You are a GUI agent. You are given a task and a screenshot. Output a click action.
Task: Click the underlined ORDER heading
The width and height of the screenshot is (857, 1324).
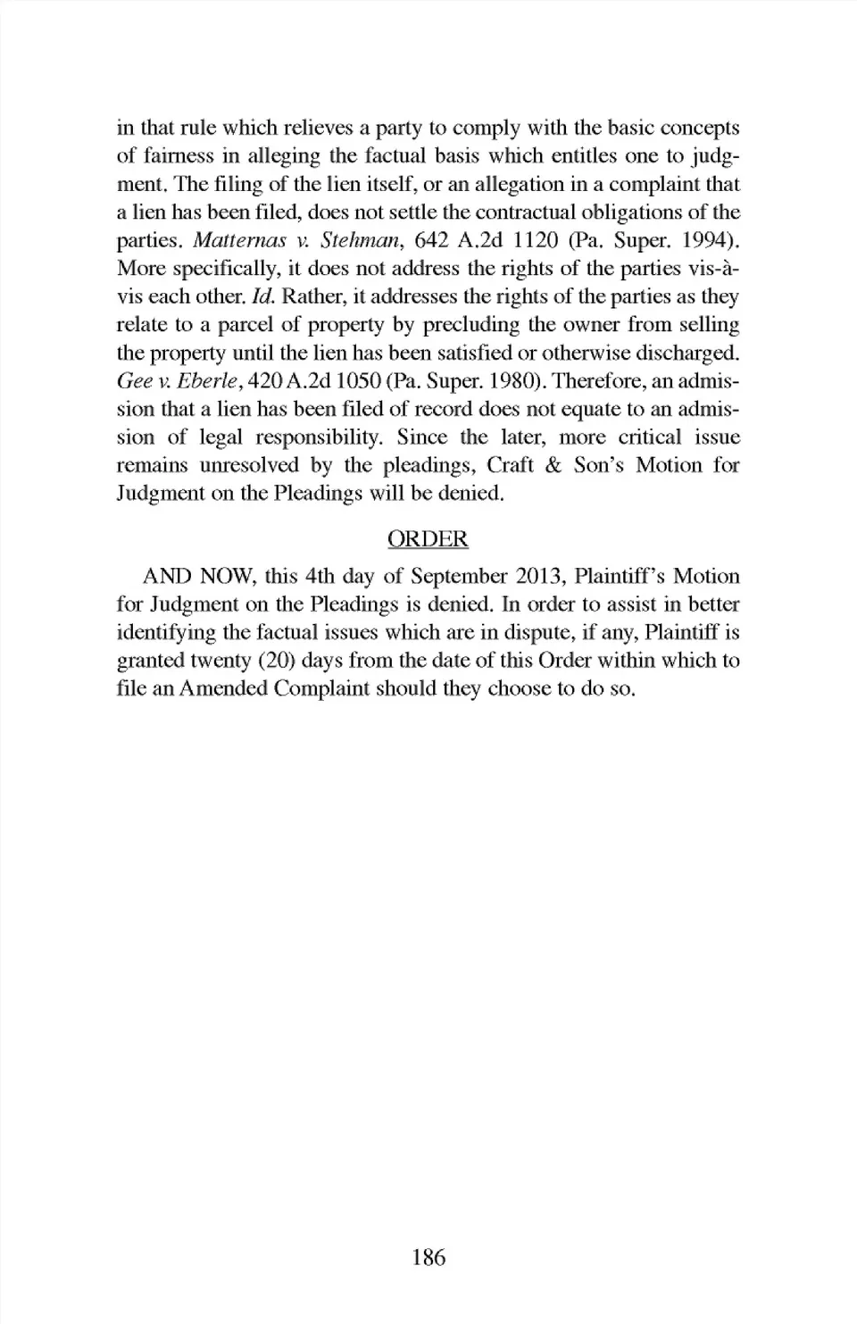click(x=428, y=539)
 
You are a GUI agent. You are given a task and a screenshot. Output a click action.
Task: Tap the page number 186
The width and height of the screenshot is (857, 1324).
click(x=428, y=1258)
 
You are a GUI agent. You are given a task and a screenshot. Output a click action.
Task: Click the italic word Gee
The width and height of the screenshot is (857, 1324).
click(x=132, y=381)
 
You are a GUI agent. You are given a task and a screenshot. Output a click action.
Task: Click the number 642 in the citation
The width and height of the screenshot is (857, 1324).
click(x=435, y=240)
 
